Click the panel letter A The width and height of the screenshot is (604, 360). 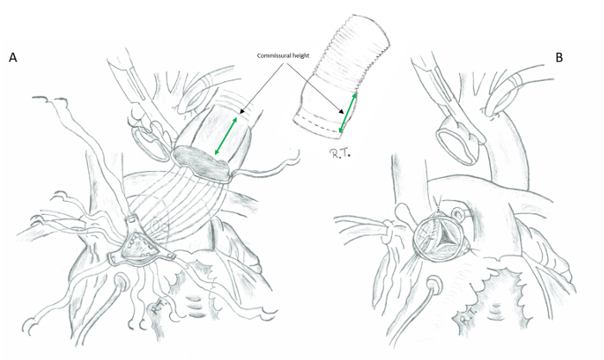pyautogui.click(x=13, y=58)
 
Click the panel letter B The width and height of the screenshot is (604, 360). pyautogui.click(x=559, y=58)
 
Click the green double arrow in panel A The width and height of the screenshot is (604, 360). pyautogui.click(x=226, y=136)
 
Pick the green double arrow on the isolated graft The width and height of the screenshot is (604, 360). pyautogui.click(x=347, y=112)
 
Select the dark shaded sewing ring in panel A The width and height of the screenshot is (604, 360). pyautogui.click(x=200, y=163)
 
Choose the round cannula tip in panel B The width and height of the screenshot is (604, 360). pyautogui.click(x=436, y=285)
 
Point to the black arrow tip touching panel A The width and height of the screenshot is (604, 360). pyautogui.click(x=241, y=112)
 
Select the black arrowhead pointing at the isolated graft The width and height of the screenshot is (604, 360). pyautogui.click(x=342, y=112)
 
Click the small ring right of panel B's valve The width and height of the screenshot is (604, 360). pyautogui.click(x=458, y=212)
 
